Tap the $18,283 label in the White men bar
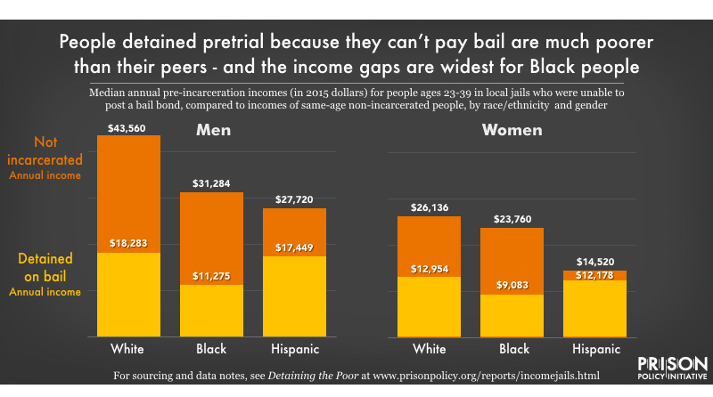(x=129, y=243)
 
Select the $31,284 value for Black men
(x=211, y=183)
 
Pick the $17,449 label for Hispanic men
(x=294, y=247)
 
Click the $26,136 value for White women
(x=429, y=207)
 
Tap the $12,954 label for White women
(x=429, y=267)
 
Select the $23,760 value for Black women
(x=511, y=218)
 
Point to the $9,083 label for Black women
(x=511, y=286)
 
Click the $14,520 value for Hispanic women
(x=594, y=261)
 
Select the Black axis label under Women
(x=511, y=348)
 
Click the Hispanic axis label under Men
(x=294, y=348)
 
